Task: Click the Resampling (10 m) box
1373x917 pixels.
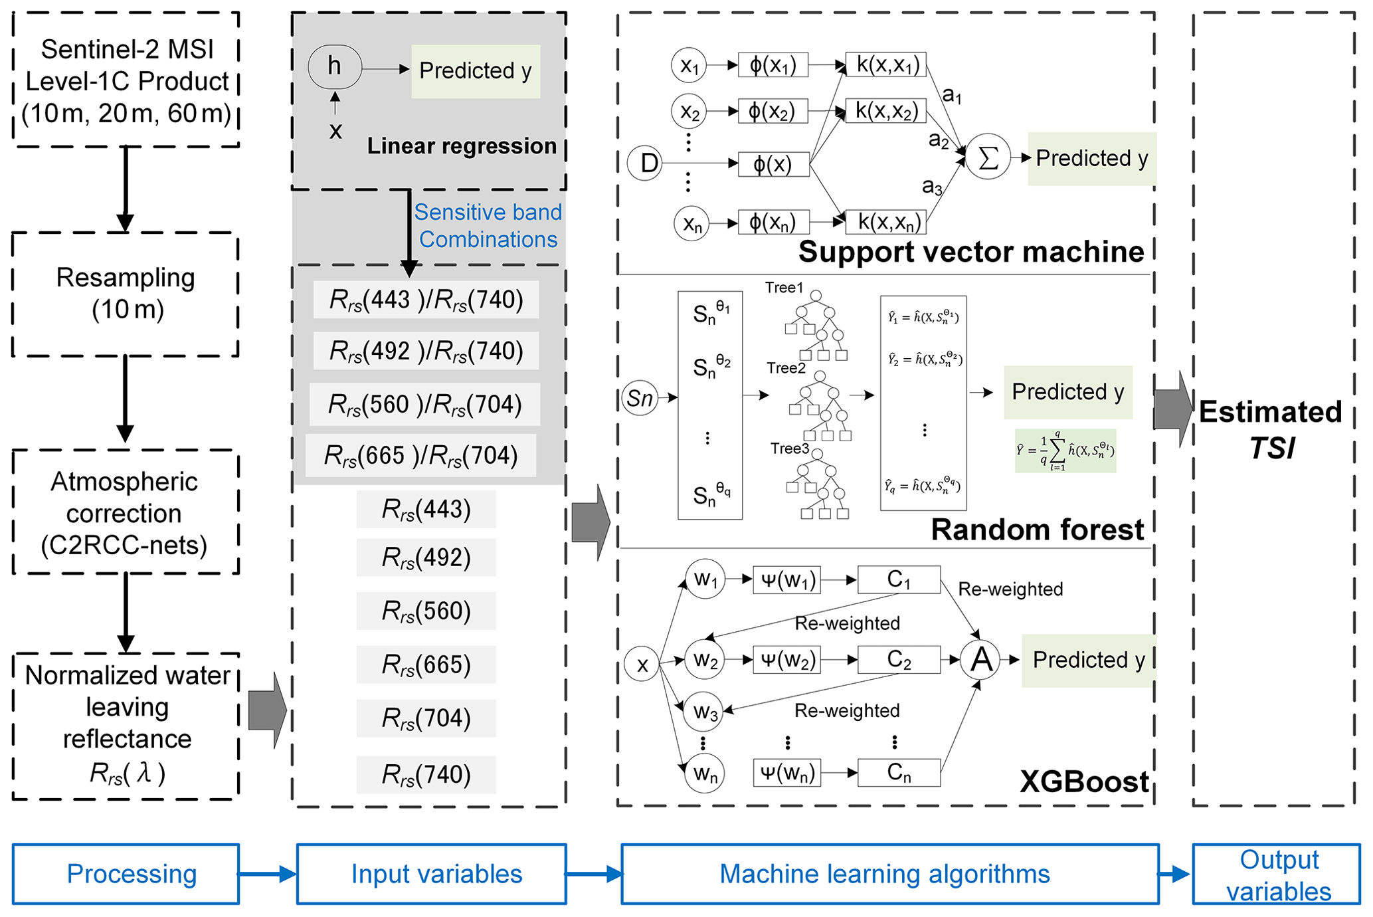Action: [126, 294]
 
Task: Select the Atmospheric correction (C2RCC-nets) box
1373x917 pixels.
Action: [125, 512]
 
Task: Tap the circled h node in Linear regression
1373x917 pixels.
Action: [335, 66]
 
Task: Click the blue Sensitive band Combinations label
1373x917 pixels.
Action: [488, 226]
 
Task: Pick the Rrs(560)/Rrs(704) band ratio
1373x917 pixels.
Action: [425, 404]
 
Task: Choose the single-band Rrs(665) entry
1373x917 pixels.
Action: [426, 664]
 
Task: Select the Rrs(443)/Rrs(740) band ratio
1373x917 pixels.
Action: [426, 300]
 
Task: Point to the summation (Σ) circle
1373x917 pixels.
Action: [988, 158]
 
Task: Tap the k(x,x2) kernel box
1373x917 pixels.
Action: [886, 111]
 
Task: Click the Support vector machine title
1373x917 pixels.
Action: [970, 252]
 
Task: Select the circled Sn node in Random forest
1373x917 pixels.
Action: [640, 398]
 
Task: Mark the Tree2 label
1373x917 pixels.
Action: [786, 368]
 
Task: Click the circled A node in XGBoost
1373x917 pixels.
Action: [981, 660]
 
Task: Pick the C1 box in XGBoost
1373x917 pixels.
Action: [899, 579]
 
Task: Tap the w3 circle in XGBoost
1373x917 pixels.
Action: [705, 712]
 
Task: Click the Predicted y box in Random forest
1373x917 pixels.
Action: [1067, 392]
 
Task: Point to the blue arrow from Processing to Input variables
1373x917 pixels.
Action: [268, 874]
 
